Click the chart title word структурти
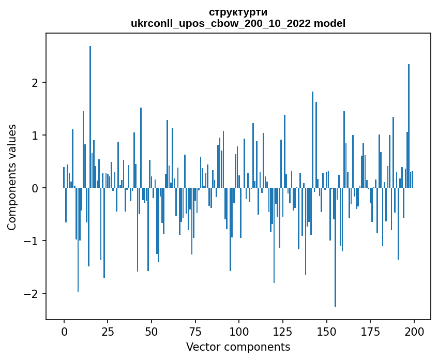(238, 12)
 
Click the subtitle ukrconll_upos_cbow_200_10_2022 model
(238, 23)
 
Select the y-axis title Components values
(11, 177)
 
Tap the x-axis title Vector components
(238, 347)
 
